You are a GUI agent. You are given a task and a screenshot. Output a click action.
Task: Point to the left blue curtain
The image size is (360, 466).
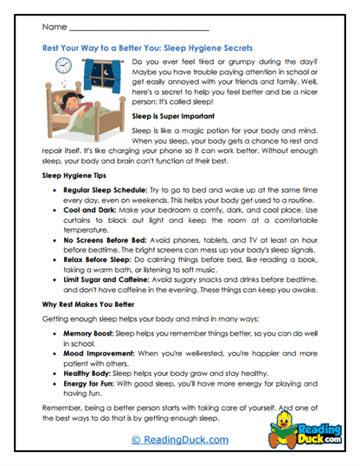coord(83,77)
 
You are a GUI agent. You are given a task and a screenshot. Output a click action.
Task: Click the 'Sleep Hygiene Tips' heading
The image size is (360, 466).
coord(76,174)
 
